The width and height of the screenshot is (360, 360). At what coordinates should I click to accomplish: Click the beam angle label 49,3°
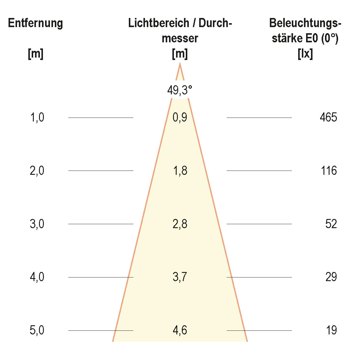coord(180,90)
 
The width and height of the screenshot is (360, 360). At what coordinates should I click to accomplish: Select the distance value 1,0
coord(37,117)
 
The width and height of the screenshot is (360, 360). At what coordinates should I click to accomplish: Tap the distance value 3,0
coord(37,224)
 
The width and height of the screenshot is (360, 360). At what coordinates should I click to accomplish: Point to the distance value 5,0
coord(37,330)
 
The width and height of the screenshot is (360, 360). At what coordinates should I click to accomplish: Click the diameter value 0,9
coord(180,117)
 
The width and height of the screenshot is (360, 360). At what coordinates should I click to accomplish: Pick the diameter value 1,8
coord(180,171)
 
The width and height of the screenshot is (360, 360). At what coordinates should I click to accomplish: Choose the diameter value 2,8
coord(180,224)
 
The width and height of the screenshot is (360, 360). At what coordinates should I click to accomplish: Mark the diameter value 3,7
coord(180,277)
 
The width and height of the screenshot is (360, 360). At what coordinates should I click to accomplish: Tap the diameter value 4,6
coord(180,330)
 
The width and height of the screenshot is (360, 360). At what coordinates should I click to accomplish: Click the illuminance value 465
coord(329,117)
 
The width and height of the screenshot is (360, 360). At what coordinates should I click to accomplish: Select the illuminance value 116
coord(329,171)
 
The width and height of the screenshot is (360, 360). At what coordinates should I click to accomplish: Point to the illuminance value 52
coord(331,224)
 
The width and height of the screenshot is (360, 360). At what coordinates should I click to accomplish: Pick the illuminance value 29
coord(331,277)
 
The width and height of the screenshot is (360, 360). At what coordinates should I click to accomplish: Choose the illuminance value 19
coord(331,330)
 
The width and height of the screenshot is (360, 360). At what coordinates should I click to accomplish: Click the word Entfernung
coord(36,23)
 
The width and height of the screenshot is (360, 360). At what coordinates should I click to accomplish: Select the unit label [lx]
coord(305,54)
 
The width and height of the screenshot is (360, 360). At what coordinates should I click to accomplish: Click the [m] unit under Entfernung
coord(36,54)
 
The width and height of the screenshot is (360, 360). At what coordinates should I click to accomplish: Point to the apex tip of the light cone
coord(180,64)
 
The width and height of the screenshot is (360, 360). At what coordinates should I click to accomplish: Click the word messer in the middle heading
coord(180,39)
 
